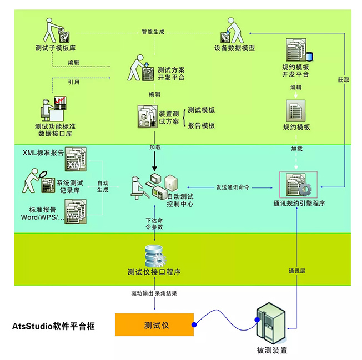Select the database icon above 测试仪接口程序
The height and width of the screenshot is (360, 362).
[154, 256]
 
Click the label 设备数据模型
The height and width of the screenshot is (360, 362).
[234, 48]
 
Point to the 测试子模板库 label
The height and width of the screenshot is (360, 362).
[54, 48]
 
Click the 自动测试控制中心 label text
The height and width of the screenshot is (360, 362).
[180, 200]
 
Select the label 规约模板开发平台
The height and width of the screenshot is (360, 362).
[295, 71]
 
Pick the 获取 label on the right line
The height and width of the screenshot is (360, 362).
[344, 80]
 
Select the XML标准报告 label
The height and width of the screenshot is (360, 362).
[43, 151]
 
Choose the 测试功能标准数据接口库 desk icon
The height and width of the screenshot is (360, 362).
[53, 110]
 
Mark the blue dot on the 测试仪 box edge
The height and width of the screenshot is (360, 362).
[194, 324]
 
